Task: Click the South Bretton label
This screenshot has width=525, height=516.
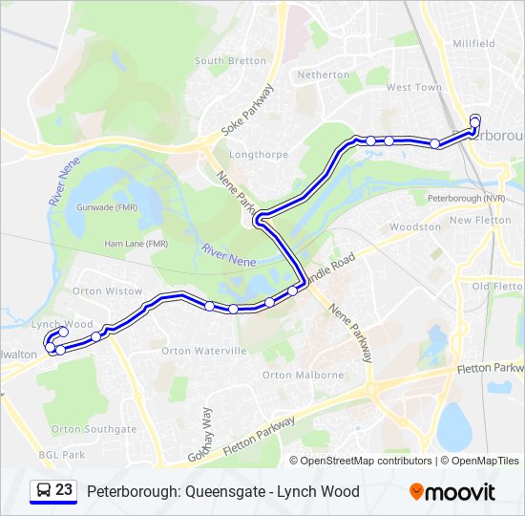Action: (x=231, y=61)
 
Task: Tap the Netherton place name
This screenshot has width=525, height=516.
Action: (x=324, y=75)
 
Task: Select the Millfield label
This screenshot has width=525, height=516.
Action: (x=473, y=44)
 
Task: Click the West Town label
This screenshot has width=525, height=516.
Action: (x=413, y=88)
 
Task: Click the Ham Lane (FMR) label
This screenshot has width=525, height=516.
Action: (x=136, y=244)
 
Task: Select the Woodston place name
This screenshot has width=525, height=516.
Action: (x=416, y=227)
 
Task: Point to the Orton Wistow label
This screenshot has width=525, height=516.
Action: (x=108, y=290)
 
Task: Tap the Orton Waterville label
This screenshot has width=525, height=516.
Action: (x=204, y=351)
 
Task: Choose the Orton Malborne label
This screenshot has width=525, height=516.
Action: (x=303, y=376)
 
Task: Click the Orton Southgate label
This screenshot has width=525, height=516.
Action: (x=94, y=429)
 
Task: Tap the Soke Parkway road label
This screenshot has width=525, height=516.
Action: (x=247, y=111)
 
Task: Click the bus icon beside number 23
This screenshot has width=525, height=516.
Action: (x=43, y=491)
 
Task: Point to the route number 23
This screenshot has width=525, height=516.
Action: (x=64, y=490)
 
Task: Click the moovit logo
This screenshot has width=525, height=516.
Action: (x=452, y=491)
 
